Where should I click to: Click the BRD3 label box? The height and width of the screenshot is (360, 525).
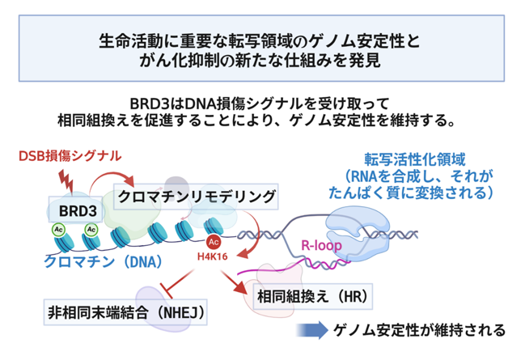point(76,210)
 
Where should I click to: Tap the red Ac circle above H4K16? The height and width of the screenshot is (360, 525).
point(214,242)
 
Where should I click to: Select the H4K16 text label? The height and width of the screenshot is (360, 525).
point(212,256)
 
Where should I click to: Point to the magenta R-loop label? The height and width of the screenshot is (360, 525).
point(321,245)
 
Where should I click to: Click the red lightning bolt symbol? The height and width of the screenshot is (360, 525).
point(66,181)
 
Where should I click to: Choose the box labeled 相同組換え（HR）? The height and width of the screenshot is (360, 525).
point(313,296)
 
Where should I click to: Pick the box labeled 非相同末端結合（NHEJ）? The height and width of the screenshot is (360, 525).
point(125,312)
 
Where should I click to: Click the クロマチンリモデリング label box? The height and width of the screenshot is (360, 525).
point(196,197)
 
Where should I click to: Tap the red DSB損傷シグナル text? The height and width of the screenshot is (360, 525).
point(70,156)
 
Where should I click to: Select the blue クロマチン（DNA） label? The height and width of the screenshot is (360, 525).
point(103,262)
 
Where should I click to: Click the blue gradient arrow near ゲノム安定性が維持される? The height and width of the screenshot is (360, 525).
point(312,330)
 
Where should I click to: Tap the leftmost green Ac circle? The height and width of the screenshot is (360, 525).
point(58,230)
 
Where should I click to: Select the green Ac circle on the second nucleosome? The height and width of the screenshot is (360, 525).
point(91,230)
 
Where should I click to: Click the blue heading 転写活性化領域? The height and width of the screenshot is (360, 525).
point(414,159)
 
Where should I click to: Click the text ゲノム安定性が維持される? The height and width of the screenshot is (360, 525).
point(419,330)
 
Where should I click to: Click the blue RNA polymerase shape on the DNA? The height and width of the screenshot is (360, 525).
point(358,232)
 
